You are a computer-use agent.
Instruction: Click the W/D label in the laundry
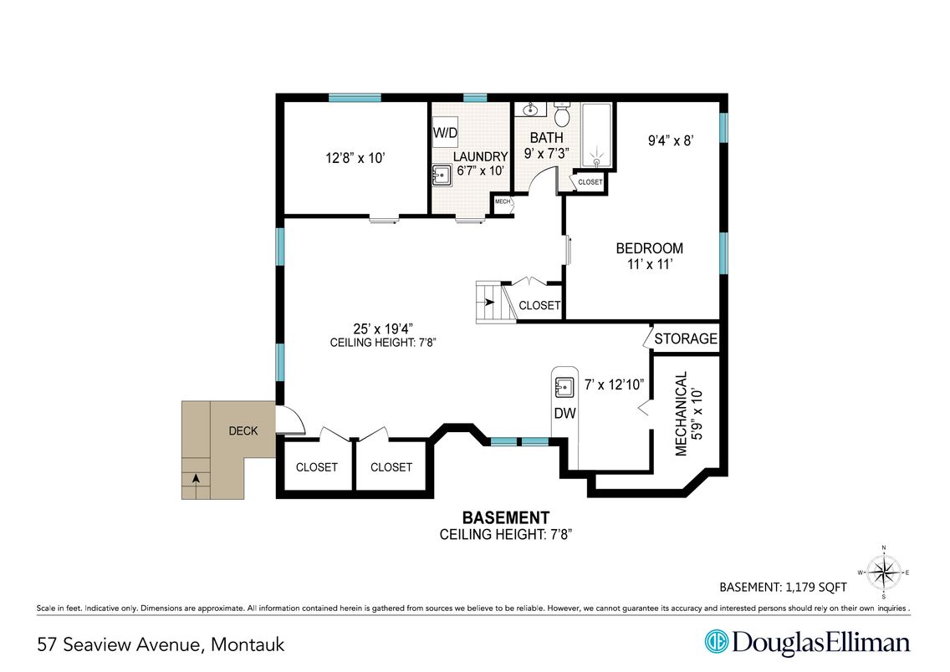point(445,133)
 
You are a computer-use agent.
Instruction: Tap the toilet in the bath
point(562,113)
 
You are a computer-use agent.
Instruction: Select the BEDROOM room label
point(650,248)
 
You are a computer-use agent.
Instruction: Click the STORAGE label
point(686,339)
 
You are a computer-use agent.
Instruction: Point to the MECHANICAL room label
point(681,414)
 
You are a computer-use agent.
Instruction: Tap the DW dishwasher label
point(564,414)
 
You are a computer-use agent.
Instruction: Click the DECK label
point(243,431)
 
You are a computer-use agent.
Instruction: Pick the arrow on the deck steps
point(196,478)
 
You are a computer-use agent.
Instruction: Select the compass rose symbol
point(883,572)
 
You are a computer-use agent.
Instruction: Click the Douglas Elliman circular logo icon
point(716,642)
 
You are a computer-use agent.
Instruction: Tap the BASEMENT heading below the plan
point(506,517)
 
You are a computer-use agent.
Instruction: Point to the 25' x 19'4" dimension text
point(383,328)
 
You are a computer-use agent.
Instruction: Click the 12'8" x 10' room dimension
point(355,158)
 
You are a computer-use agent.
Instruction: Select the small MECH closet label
point(503,201)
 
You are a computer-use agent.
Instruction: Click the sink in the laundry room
point(442,175)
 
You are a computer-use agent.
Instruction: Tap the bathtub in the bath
point(597,135)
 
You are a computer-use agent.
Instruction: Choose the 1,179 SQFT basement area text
point(817,588)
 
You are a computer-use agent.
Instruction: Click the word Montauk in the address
point(248,644)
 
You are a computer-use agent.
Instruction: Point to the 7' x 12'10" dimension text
point(614,384)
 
